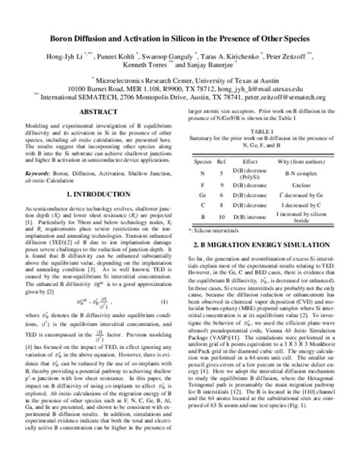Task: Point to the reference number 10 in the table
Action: (220, 218)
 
